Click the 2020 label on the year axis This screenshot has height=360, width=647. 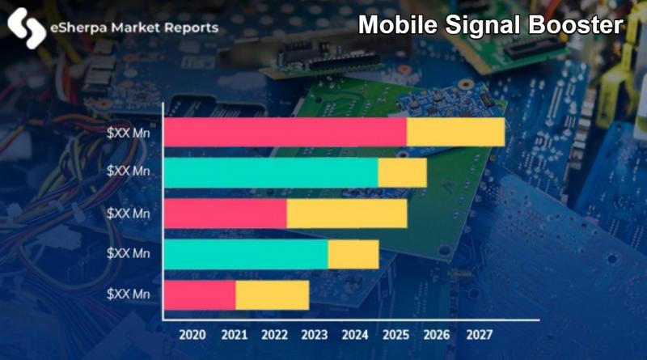[192, 333]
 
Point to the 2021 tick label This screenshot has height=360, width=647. [234, 333]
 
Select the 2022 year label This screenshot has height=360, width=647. [273, 333]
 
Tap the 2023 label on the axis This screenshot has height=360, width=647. [314, 333]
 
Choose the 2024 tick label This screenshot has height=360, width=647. [354, 333]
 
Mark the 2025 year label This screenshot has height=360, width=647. [395, 333]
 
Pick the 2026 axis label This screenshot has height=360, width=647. [436, 333]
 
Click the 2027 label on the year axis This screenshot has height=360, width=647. [478, 333]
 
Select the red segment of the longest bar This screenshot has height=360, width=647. [285, 133]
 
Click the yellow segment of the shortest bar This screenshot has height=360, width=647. [272, 295]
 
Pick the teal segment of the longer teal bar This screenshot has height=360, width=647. [272, 173]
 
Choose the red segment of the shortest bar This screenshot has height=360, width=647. [201, 295]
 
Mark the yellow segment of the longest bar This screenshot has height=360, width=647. [455, 133]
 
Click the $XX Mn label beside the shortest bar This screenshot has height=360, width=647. [130, 295]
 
